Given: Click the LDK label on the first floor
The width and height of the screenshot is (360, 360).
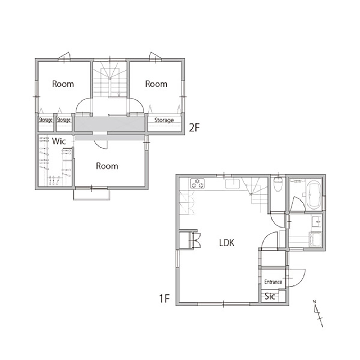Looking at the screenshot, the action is point(226,243).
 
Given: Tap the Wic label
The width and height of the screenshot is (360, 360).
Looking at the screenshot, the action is point(59,141).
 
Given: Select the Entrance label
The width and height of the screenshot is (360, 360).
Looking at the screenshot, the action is point(273,282).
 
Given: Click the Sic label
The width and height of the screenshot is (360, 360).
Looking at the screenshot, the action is point(270,296).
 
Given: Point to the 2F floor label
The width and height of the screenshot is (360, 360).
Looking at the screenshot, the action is point(194,128).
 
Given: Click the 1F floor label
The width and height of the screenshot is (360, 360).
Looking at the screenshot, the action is point(165,299).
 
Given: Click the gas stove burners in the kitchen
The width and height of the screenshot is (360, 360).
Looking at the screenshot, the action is point(197,184).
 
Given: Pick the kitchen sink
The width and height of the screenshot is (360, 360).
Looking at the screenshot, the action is point(232,184).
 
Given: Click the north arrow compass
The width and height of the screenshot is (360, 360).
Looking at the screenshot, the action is point(318,313).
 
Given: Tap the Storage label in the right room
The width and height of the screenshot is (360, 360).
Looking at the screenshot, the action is point(164,120).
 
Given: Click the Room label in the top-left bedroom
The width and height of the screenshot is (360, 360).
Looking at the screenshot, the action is point(63,84).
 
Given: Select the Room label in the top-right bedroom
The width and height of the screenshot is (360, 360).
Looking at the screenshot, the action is point(156,84).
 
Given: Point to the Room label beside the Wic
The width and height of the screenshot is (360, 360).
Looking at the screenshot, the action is point(107,166).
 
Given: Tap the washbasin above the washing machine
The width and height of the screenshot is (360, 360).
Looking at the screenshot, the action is point(317,221).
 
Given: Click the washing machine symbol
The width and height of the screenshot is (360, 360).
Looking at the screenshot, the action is point(316,239).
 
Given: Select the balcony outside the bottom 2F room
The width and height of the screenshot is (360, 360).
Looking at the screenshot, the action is point(91,195).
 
